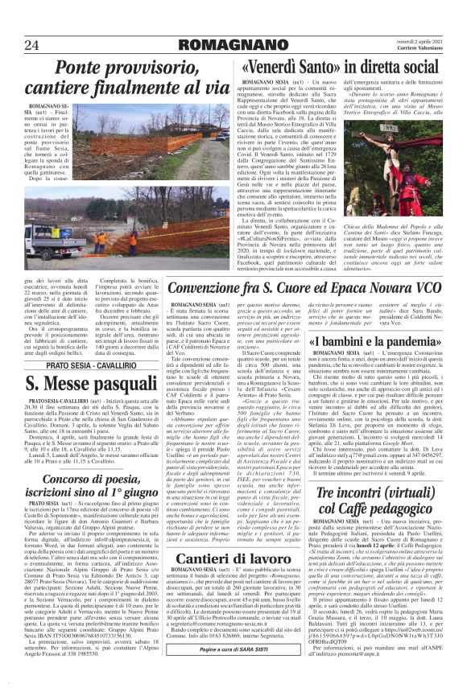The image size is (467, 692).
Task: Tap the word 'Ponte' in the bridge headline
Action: (81, 68)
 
